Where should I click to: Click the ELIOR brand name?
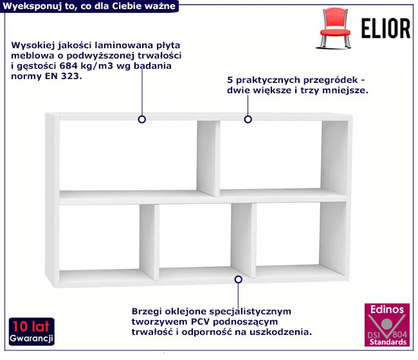coord(386,28)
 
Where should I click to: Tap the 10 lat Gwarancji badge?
coord(32,332)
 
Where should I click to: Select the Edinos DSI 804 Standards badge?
coord(387,325)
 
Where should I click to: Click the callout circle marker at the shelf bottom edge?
coord(239,279)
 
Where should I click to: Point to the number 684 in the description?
coord(69,66)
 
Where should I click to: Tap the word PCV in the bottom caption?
coord(200,321)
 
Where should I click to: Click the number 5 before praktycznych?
coord(230,80)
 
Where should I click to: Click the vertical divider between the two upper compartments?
coord(208,159)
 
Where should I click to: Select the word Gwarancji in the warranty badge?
coord(32,338)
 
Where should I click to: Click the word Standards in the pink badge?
coord(388,342)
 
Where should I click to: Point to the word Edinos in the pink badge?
coord(387,309)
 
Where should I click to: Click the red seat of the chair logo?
coord(335,33)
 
